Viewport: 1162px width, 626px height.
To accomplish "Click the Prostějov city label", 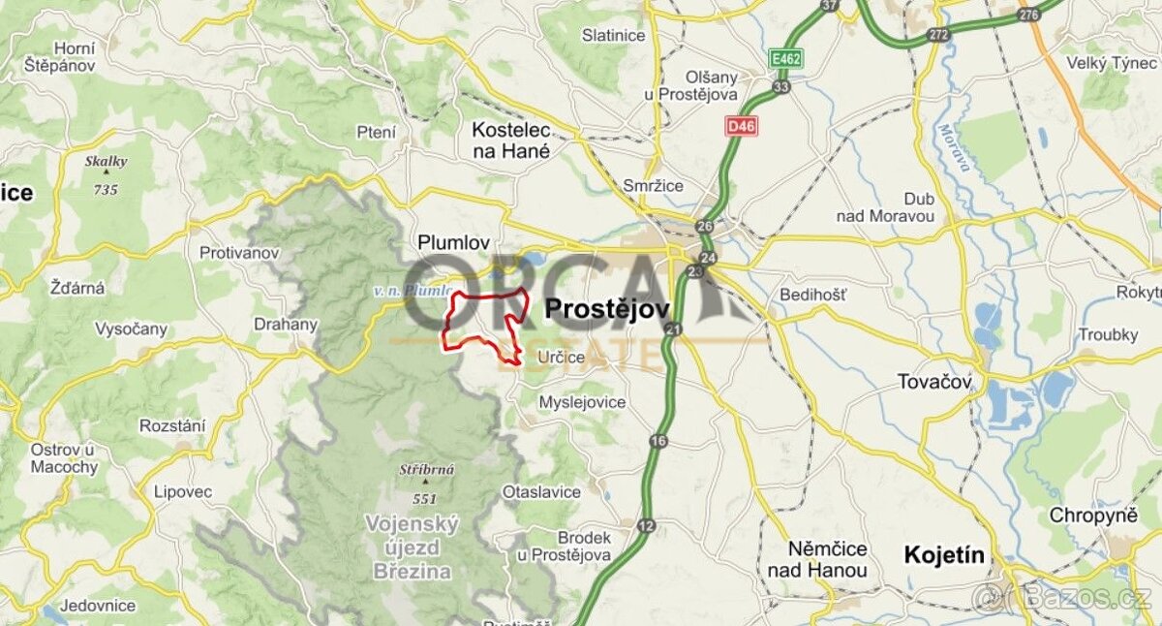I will click(x=607, y=309).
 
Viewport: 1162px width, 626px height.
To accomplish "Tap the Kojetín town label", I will click(x=943, y=555).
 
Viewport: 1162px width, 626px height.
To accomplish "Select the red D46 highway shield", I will click(x=741, y=126).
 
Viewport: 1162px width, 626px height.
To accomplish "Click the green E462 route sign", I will click(x=786, y=60).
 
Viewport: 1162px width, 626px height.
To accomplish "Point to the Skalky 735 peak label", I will click(x=106, y=175).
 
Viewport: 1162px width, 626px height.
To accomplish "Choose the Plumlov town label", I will click(x=453, y=243).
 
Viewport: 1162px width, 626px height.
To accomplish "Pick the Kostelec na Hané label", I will click(x=510, y=140).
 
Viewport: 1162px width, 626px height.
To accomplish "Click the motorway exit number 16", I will click(x=658, y=442).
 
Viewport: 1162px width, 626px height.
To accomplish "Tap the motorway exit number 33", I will click(x=781, y=86).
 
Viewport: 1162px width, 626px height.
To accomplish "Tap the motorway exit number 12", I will click(x=646, y=525).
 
